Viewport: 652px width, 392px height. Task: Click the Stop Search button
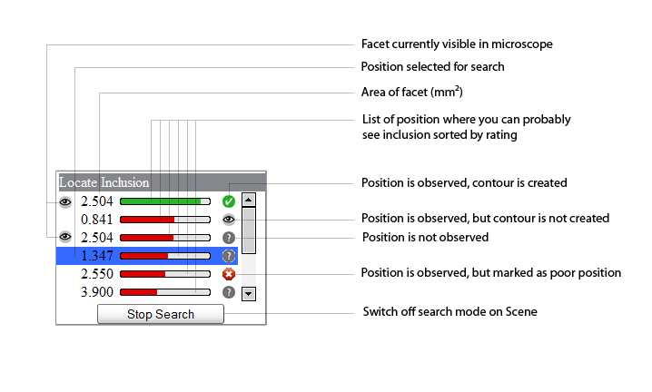click(160, 314)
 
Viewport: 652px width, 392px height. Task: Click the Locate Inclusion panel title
click(104, 182)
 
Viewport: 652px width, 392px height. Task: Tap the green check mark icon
click(229, 201)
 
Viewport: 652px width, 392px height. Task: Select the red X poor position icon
click(229, 274)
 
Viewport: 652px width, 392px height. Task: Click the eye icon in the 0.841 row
click(229, 220)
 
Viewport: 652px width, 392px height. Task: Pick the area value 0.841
click(96, 220)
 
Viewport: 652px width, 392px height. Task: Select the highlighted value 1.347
click(96, 256)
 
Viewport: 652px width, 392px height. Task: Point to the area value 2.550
click(96, 274)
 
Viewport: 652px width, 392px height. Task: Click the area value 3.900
click(96, 292)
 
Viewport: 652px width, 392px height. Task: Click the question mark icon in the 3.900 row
click(229, 292)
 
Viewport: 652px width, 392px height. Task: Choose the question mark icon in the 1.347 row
click(229, 256)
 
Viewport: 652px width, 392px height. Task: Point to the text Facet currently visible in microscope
click(457, 44)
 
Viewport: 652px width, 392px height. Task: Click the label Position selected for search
click(432, 67)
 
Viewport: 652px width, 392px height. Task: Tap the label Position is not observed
click(425, 238)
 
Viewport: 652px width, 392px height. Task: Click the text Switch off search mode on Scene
click(449, 312)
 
